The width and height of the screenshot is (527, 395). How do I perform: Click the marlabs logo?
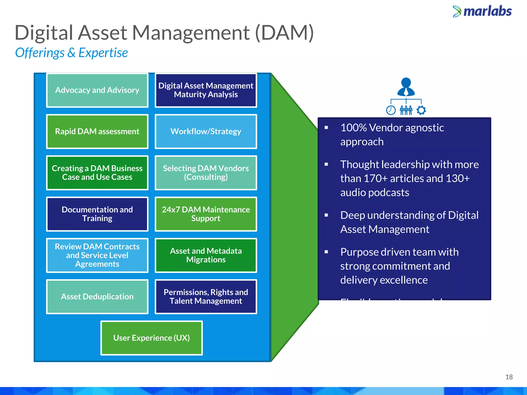click(x=482, y=12)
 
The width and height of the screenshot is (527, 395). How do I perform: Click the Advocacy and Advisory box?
click(x=97, y=90)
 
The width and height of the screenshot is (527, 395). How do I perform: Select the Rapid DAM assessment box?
click(x=97, y=131)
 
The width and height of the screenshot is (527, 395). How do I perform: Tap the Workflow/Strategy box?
click(x=206, y=131)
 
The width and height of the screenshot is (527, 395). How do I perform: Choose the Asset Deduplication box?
click(x=97, y=297)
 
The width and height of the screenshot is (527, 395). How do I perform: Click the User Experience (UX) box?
click(x=151, y=338)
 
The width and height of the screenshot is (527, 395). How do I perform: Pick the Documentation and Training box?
click(x=97, y=214)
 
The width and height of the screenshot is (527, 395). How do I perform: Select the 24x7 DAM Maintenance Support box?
click(x=206, y=214)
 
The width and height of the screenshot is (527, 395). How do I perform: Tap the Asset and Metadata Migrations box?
click(x=206, y=255)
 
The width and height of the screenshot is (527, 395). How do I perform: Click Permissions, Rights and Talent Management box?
click(x=206, y=297)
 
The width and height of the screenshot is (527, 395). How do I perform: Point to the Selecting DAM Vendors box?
click(x=206, y=173)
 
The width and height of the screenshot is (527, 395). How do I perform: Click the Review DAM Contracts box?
click(x=97, y=255)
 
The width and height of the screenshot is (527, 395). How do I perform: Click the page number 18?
click(x=509, y=377)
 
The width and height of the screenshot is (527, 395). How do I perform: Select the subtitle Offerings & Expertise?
click(x=71, y=53)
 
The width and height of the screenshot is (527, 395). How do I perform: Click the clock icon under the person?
click(x=391, y=110)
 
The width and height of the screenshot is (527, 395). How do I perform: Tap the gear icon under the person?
click(x=421, y=110)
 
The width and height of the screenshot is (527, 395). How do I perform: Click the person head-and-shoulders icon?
click(x=406, y=87)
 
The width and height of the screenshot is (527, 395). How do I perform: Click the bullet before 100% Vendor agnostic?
click(x=326, y=128)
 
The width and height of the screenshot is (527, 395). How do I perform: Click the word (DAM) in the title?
click(x=284, y=33)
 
